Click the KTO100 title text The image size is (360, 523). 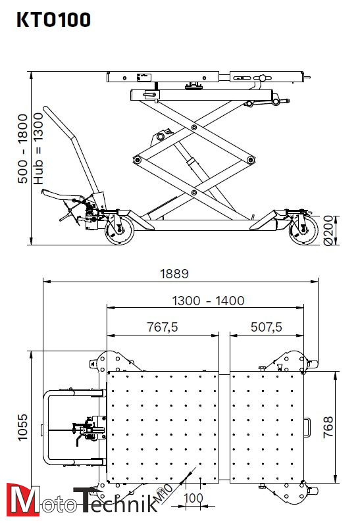click(x=53, y=20)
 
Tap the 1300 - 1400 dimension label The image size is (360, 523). click(x=208, y=301)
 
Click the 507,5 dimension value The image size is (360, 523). click(x=266, y=327)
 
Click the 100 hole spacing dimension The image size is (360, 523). click(x=193, y=498)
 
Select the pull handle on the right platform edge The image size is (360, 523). click(x=307, y=428)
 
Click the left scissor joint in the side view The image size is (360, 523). click(x=137, y=159)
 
